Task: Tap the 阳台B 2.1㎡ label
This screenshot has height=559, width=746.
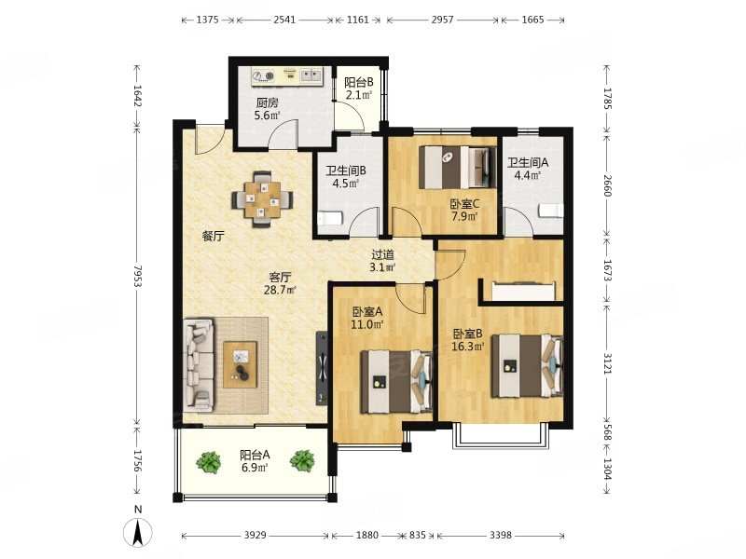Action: (x=359, y=89)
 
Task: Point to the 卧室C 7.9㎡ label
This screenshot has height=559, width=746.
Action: (x=464, y=211)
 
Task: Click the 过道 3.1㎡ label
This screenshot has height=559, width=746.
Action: (x=382, y=261)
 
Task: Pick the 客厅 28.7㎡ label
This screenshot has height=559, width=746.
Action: (x=280, y=283)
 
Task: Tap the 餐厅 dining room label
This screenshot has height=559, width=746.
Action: (x=213, y=236)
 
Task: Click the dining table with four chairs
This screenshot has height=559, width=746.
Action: (x=262, y=199)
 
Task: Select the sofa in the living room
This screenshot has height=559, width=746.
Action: (x=200, y=364)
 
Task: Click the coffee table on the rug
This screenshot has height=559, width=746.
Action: (x=241, y=364)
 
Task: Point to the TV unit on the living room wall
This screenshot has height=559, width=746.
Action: (x=322, y=368)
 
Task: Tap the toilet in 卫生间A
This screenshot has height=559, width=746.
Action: (x=551, y=211)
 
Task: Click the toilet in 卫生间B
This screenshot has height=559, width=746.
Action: (x=330, y=219)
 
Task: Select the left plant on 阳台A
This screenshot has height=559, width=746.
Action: (x=208, y=461)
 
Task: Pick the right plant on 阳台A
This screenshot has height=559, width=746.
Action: (x=302, y=460)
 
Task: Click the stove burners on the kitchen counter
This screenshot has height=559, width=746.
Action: (x=264, y=75)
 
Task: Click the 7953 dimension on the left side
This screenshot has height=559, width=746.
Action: (x=137, y=276)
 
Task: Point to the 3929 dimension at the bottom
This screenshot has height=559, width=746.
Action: (x=255, y=536)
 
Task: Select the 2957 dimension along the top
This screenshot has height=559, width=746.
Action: (x=442, y=20)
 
